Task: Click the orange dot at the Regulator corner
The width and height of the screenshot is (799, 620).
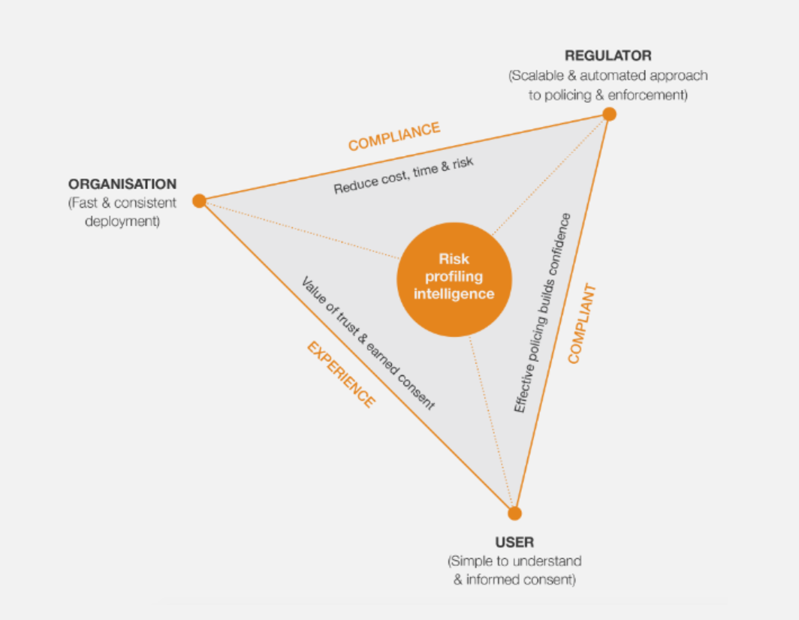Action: point(609,114)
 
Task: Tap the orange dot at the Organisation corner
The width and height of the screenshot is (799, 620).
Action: point(199,200)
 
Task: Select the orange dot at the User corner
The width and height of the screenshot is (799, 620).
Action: point(514,513)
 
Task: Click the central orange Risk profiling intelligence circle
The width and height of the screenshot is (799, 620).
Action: point(454,277)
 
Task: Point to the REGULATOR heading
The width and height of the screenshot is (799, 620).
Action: point(608,56)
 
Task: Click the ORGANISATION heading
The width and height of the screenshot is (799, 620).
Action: point(122,184)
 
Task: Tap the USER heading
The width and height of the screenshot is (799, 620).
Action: point(514,542)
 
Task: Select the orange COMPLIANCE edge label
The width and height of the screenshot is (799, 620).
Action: point(393,136)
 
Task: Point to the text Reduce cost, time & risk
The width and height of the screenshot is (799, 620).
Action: point(403,176)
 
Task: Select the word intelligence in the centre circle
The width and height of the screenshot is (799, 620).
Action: point(454,293)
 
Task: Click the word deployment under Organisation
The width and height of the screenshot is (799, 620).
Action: point(122,221)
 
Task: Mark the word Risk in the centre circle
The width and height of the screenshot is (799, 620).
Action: point(454,260)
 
